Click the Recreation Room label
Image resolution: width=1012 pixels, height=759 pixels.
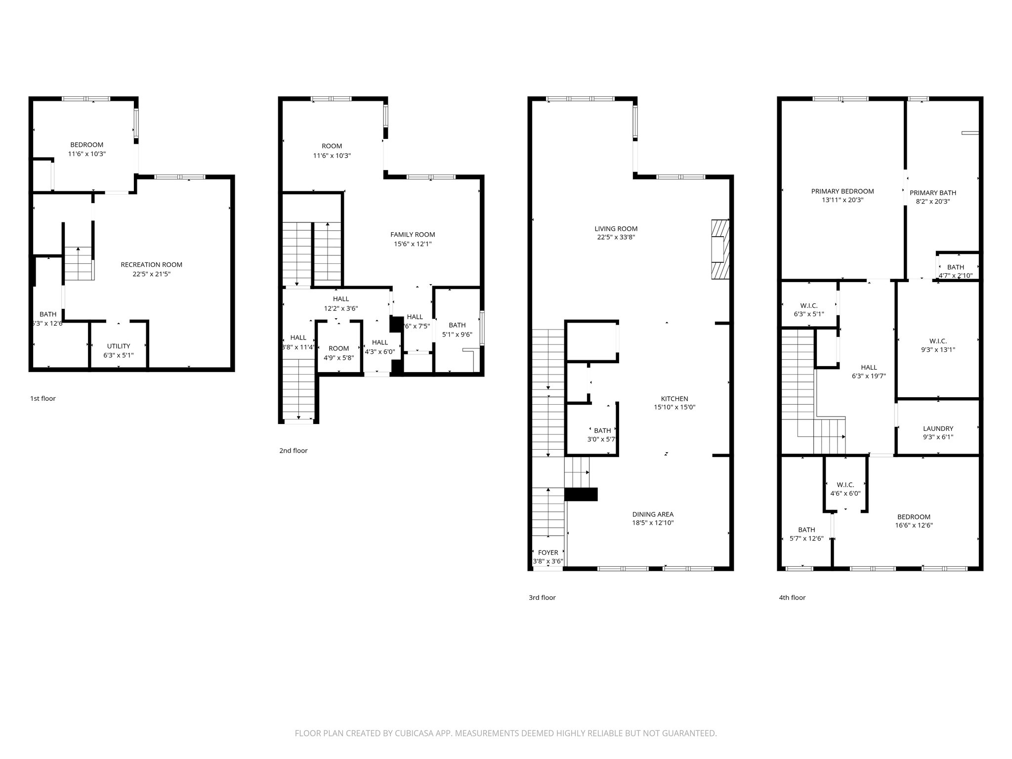click(151, 265)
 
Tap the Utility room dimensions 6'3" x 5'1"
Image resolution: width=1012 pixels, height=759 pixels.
click(119, 355)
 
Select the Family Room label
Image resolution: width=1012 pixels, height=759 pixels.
click(413, 235)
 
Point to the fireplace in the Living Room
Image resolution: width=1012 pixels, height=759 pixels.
click(720, 249)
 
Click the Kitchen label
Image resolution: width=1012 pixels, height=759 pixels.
click(675, 399)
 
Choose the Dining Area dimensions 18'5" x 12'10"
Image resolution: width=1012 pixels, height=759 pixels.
click(653, 523)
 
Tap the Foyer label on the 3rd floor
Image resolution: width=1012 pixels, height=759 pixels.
click(548, 552)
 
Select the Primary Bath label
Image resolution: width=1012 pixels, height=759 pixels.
click(933, 193)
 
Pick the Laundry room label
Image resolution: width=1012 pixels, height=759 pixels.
click(938, 428)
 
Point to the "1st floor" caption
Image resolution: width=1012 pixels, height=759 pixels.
click(43, 398)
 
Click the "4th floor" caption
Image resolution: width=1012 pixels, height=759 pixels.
click(792, 597)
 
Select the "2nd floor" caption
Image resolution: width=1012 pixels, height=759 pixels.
click(294, 451)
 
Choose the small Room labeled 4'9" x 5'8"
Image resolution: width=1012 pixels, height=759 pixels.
click(339, 353)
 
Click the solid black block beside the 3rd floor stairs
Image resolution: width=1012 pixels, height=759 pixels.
click(581, 494)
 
